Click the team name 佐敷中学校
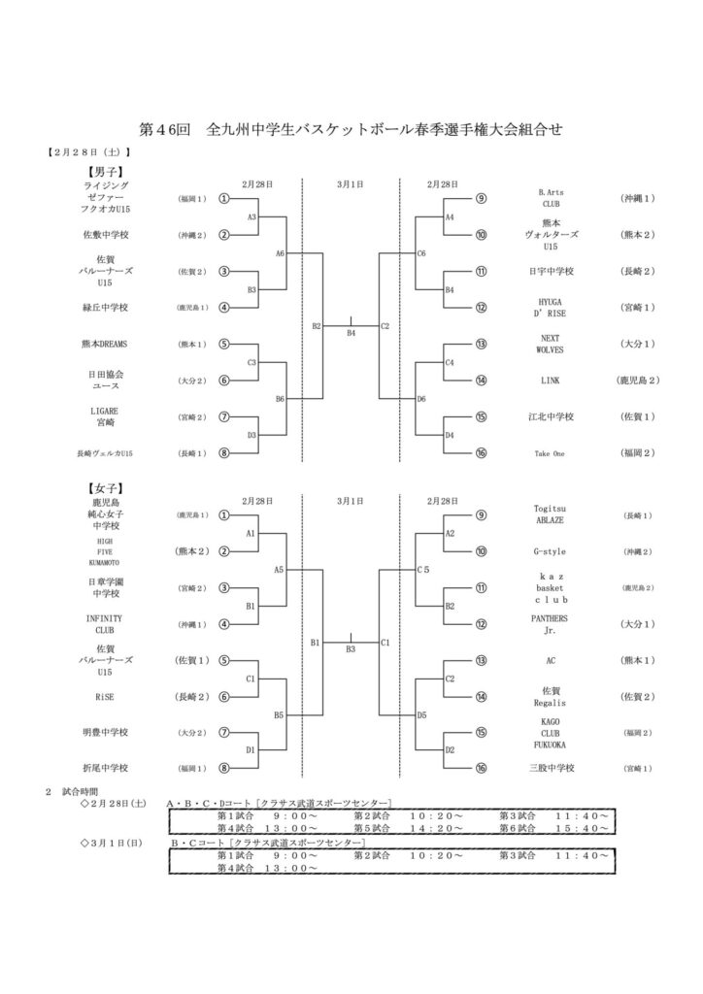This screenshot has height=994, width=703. pos(107,234)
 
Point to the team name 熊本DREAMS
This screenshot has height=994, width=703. pos(107,344)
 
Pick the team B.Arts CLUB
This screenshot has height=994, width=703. pos(550,198)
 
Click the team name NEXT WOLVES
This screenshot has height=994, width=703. pos(550,344)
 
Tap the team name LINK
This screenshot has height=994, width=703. pos(550,381)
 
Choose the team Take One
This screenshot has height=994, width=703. pos(550,453)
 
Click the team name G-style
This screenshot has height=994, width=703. pos(550,551)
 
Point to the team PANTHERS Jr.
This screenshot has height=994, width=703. pos(550,624)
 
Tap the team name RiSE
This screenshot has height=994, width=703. pos(107,696)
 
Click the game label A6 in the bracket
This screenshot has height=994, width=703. pos(280,253)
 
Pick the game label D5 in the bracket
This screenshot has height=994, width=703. pos(421,714)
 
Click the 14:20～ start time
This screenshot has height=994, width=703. pos(436,829)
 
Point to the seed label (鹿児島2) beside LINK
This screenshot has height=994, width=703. pos(636,381)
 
